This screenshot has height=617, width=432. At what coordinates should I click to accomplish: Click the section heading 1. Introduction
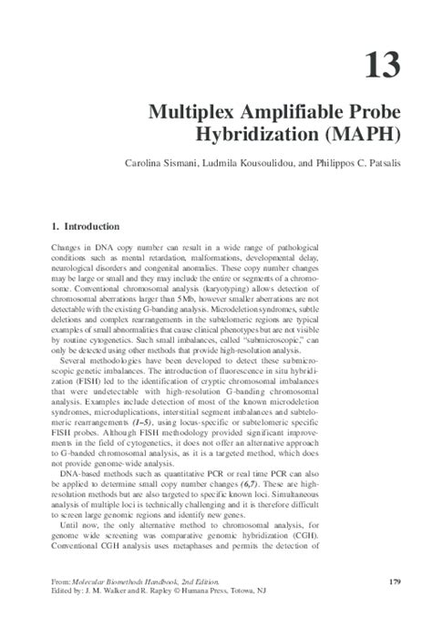click(x=81, y=224)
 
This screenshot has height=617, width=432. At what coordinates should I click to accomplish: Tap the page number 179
click(x=395, y=581)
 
